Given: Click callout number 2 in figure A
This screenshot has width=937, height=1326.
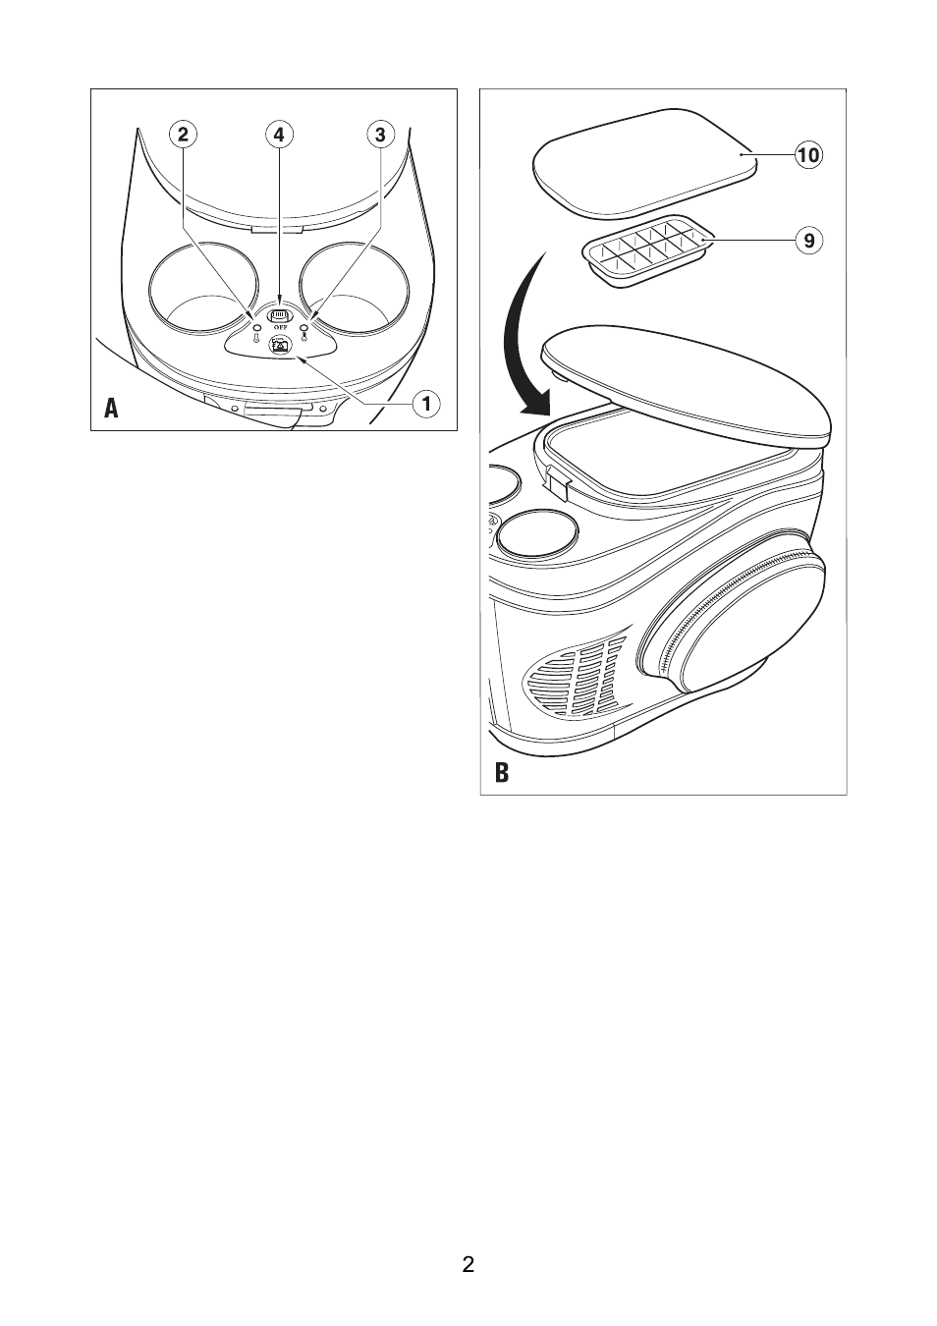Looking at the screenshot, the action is tap(183, 135).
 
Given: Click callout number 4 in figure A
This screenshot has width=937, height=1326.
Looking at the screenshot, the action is tap(279, 135).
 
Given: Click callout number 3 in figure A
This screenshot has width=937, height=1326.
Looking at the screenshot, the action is tap(380, 135).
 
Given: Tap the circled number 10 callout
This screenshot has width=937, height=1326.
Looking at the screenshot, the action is tap(808, 155).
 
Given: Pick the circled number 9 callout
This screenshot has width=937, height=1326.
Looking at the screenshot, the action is tap(809, 241).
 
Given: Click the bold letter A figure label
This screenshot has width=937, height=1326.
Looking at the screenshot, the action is tap(111, 408).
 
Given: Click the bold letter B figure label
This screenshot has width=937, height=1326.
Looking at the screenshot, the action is tap(501, 772).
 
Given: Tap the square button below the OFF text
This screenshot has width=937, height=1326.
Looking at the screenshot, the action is tap(279, 344).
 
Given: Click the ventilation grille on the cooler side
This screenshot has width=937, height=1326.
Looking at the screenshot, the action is tap(573, 675).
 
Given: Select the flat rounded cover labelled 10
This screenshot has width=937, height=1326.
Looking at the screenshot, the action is tap(645, 161).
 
